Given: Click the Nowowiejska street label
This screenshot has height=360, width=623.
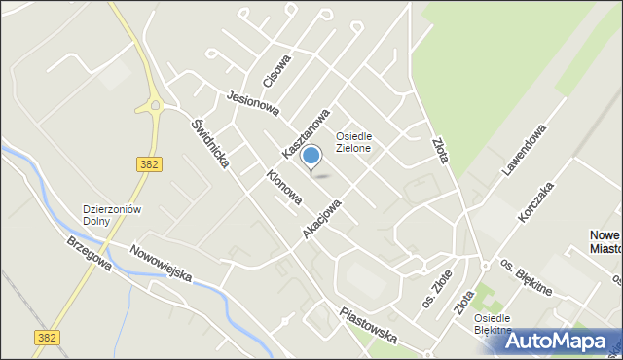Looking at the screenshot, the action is click(162, 263).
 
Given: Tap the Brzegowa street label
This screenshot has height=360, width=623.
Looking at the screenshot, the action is click(89, 257).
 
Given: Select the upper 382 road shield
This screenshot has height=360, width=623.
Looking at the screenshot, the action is click(149, 164).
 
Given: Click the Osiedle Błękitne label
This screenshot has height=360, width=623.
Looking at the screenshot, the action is click(493, 324).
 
